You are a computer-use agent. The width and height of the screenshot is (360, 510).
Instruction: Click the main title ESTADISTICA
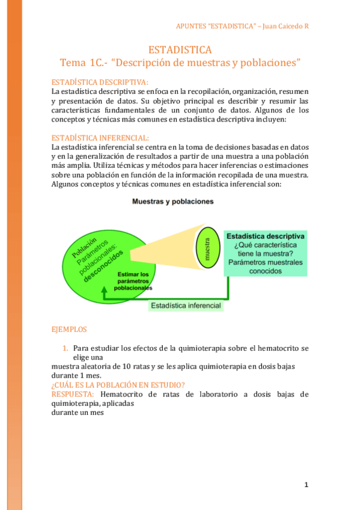[x=180, y=50]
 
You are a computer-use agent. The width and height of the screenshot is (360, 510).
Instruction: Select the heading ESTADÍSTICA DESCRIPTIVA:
[x=100, y=82]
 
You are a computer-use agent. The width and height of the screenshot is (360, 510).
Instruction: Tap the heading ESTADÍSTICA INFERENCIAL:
[x=100, y=137]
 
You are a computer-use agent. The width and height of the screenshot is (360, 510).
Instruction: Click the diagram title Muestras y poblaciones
[x=173, y=202]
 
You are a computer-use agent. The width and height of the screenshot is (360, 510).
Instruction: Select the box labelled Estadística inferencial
[x=186, y=306]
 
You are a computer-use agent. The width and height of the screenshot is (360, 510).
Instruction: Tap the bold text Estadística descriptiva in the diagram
[x=265, y=236]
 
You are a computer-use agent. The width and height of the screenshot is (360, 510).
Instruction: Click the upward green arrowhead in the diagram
[x=105, y=290]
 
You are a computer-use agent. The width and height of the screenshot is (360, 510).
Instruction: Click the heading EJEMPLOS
[x=69, y=330]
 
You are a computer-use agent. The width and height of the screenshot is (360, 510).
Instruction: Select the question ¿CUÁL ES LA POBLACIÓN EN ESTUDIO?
[x=118, y=385]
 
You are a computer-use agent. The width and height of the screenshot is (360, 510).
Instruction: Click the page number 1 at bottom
[x=306, y=484]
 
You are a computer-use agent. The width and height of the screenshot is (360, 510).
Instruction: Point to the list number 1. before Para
[x=66, y=348]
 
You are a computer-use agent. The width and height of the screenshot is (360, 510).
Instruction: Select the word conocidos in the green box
[x=265, y=271]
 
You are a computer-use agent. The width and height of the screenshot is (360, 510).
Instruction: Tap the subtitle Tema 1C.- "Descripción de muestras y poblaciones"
[x=180, y=63]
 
